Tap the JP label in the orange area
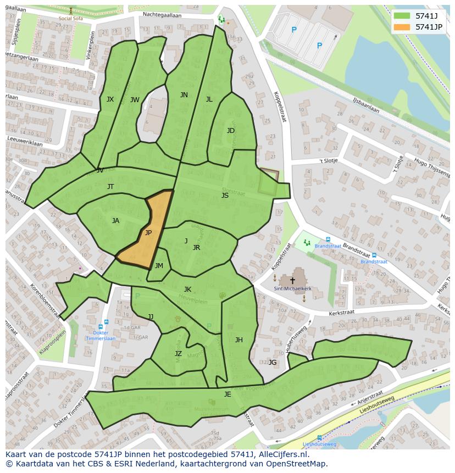(x=148, y=233)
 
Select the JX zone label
(x=110, y=99)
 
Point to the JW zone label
(x=135, y=100)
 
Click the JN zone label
(x=184, y=95)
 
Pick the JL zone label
(x=209, y=99)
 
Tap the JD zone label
(x=231, y=131)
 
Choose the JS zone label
(x=225, y=196)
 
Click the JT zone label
(x=110, y=187)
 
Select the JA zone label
(x=115, y=221)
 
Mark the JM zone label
(x=159, y=266)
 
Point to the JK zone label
(x=187, y=290)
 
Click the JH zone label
(x=239, y=340)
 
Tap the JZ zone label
(x=178, y=354)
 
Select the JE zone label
(x=227, y=394)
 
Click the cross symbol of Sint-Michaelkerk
(x=292, y=280)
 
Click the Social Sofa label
(x=70, y=18)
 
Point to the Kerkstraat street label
(x=341, y=312)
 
